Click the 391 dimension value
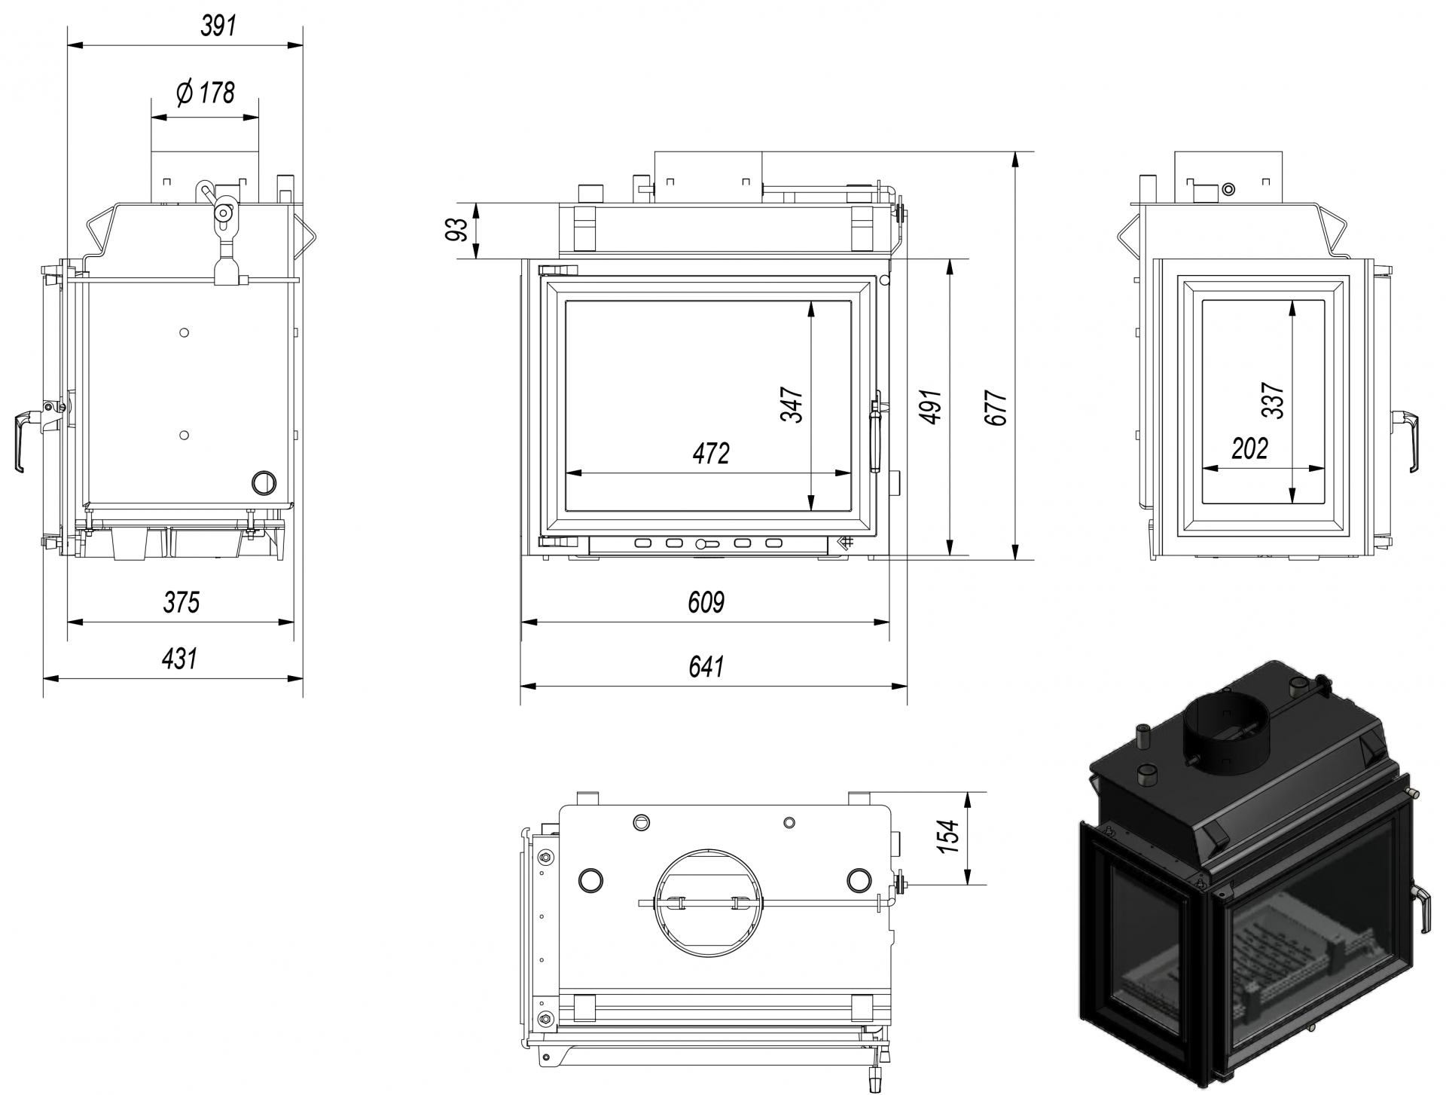click(218, 26)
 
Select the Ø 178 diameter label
click(206, 93)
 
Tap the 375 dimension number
click(182, 602)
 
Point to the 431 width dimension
click(179, 659)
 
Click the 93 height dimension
click(458, 229)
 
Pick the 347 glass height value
click(793, 405)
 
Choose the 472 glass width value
click(711, 453)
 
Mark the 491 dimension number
click(932, 407)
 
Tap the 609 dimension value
click(706, 602)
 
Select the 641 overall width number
click(706, 666)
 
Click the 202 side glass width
click(1250, 449)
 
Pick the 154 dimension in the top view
click(950, 837)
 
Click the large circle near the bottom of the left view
click(264, 482)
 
